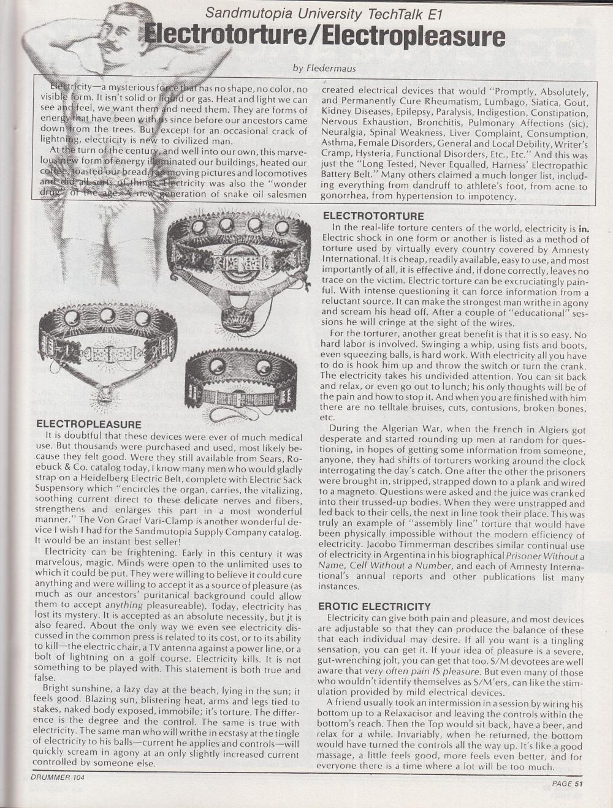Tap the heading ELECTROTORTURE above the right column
pos(373,216)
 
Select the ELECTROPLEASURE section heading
pos(89,425)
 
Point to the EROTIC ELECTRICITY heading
pos(374,606)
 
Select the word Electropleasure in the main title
pos(414,37)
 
